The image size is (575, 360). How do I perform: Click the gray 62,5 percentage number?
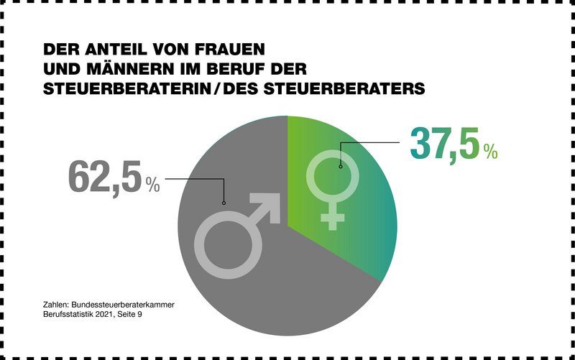coord(105,177)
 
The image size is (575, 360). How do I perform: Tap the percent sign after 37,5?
coord(490,152)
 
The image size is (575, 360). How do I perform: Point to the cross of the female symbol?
coord(332,218)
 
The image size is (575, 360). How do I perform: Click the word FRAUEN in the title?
coord(229,51)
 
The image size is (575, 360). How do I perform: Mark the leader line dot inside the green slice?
coord(340,166)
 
